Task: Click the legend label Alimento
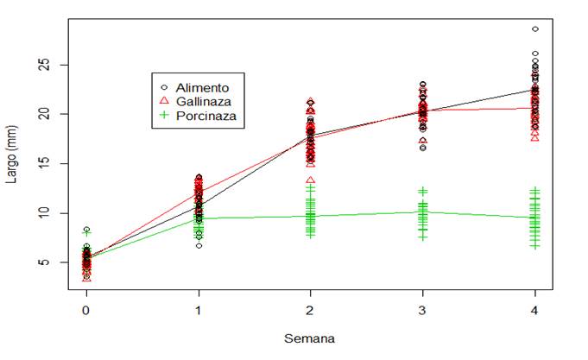[201, 87]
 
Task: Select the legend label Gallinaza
[204, 101]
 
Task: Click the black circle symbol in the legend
[164, 87]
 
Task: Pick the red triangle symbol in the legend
[164, 101]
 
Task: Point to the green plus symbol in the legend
[164, 115]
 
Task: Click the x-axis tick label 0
[86, 310]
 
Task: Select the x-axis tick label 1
[199, 310]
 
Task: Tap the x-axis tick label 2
[311, 310]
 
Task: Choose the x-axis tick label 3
[423, 310]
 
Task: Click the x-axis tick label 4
[535, 310]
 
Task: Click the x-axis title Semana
[311, 338]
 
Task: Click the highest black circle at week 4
[535, 29]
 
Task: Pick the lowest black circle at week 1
[199, 246]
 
